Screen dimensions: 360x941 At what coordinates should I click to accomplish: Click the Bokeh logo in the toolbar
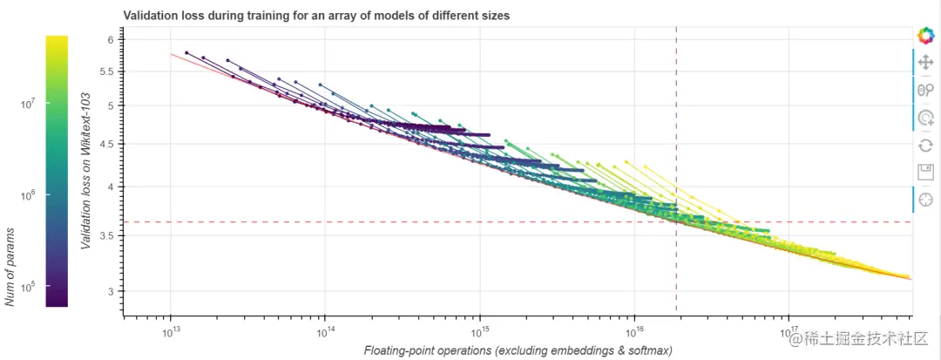(925, 36)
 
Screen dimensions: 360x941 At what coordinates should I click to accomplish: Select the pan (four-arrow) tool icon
(925, 63)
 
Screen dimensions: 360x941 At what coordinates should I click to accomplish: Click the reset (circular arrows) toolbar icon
(925, 145)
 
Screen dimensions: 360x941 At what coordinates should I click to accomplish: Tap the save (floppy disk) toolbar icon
(925, 172)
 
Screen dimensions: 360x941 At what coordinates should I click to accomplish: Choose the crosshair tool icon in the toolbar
(925, 200)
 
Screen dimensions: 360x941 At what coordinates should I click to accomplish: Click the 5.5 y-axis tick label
(106, 71)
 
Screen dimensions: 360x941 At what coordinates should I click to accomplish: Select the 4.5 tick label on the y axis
(106, 144)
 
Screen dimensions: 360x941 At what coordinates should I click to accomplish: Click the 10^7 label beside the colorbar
(28, 103)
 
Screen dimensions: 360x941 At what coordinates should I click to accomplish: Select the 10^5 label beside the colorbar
(28, 287)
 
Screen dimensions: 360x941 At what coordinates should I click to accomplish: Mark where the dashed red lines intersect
(676, 222)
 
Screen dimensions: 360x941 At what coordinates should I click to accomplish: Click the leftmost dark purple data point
(186, 53)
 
